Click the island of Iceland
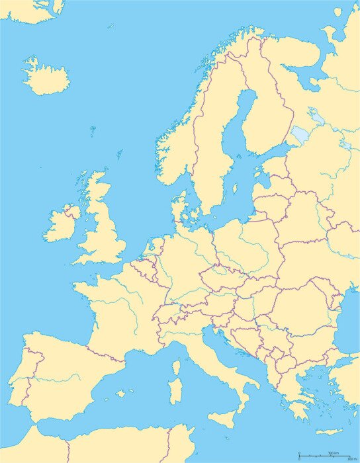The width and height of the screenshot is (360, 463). pos(46,78)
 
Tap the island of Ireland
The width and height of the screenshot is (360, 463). pos(62,225)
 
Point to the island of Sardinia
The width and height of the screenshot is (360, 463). pos(175,390)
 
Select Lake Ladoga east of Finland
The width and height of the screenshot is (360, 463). pos(300,135)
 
